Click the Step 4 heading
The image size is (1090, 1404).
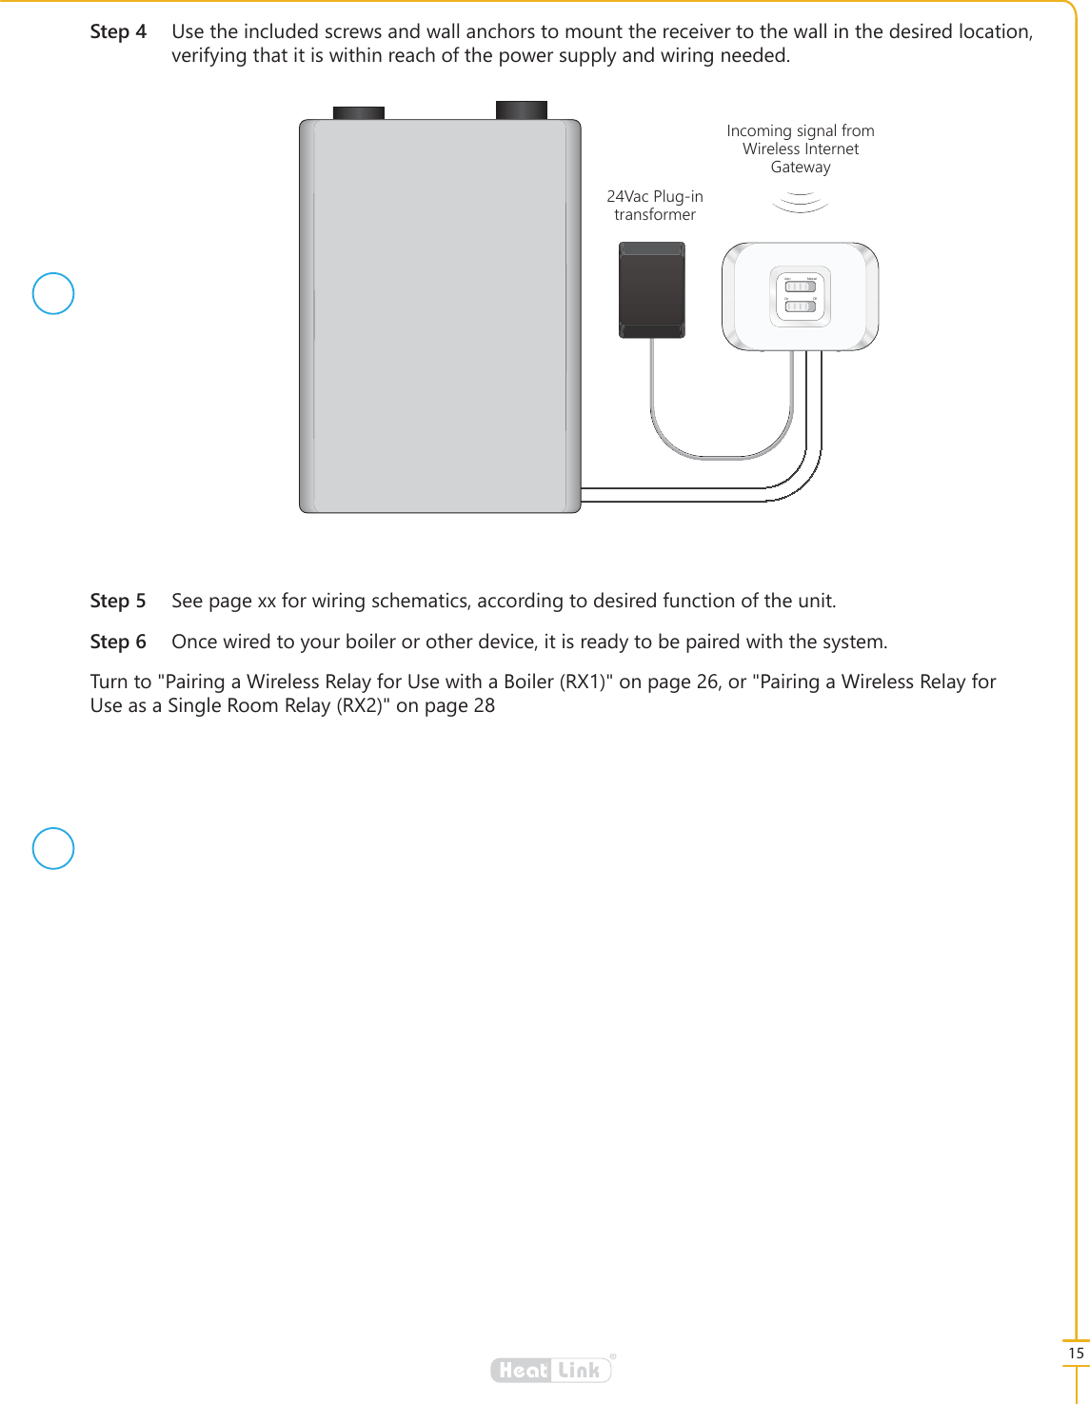pos(118,31)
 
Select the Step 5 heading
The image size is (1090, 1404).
pos(118,601)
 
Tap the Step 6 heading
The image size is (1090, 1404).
pos(118,642)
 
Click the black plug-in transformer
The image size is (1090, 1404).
pos(652,289)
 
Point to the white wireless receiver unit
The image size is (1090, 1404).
pos(800,296)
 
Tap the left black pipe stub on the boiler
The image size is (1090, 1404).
pos(359,112)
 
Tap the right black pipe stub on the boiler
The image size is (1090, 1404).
pos(522,109)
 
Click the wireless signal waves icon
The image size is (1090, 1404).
pos(801,202)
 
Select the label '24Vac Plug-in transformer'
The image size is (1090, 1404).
pos(655,206)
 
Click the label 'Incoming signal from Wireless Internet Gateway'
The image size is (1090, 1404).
pos(801,148)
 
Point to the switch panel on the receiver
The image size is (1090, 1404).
pos(801,296)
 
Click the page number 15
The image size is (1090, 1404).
pos(1076,1353)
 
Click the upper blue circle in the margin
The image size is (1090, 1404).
pos(53,293)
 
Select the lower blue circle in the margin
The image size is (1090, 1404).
pos(53,848)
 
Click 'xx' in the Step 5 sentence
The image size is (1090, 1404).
pos(267,602)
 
